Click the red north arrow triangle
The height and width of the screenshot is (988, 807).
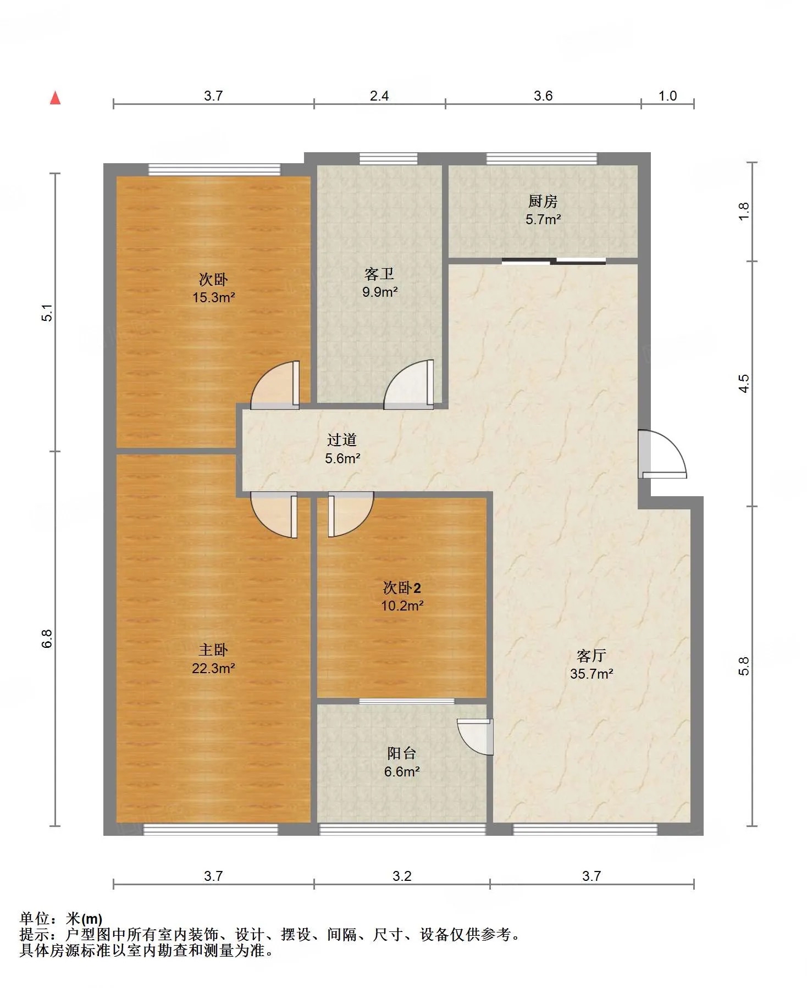[55, 98]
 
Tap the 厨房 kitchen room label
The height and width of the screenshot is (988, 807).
[543, 202]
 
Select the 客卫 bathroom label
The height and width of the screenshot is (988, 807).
[379, 274]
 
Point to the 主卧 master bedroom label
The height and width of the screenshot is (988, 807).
[213, 650]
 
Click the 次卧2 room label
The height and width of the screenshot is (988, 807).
[402, 588]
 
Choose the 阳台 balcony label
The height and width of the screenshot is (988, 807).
[401, 753]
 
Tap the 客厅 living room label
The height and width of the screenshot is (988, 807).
[592, 656]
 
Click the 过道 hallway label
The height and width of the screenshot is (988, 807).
[342, 440]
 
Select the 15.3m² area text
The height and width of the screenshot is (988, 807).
[214, 297]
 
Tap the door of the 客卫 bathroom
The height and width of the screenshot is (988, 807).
[408, 384]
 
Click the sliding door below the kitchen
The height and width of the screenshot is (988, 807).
[554, 261]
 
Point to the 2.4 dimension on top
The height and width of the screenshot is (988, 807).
[379, 96]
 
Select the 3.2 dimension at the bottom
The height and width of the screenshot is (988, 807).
[402, 876]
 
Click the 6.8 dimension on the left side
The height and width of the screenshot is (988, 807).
[47, 639]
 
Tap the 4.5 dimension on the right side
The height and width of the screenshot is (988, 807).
[744, 383]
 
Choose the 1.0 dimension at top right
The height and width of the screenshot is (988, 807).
[667, 96]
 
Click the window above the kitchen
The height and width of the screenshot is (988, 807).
[541, 159]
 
